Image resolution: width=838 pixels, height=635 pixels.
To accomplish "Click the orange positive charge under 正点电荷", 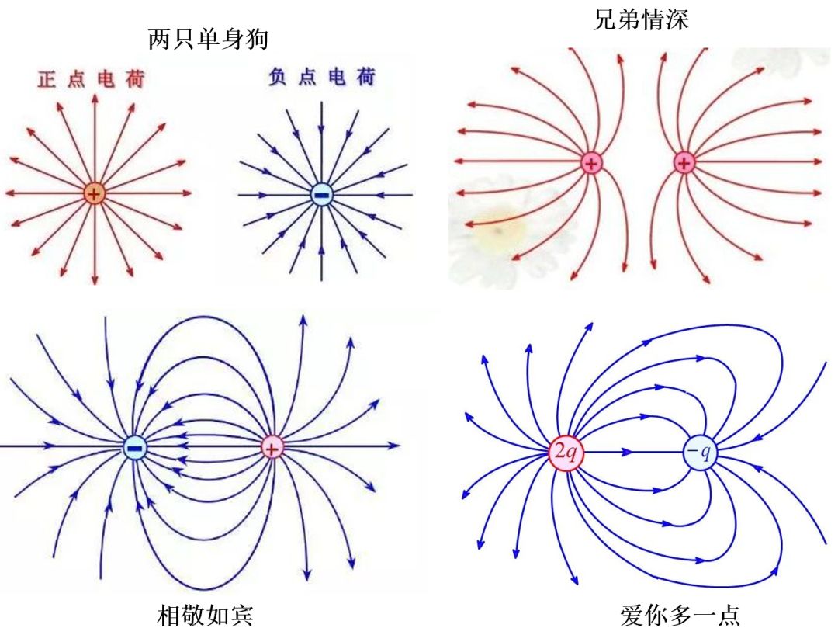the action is [94, 193].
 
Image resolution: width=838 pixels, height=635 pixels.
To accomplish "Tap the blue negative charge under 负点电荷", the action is [321, 193].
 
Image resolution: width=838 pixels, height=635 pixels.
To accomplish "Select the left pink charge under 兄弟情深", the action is [591, 162].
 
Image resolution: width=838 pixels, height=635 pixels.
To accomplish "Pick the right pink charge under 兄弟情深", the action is [684, 162].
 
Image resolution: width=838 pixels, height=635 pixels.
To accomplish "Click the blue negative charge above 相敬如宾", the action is [135, 446].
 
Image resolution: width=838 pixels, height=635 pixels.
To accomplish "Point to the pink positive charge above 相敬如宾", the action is [272, 446].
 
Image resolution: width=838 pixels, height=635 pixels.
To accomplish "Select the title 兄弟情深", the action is [641, 20].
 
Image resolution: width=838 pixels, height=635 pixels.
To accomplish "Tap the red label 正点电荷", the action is [92, 80].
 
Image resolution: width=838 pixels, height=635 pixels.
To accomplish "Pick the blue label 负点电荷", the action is [321, 78].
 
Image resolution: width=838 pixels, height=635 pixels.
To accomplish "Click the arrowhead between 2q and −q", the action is [625, 450].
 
